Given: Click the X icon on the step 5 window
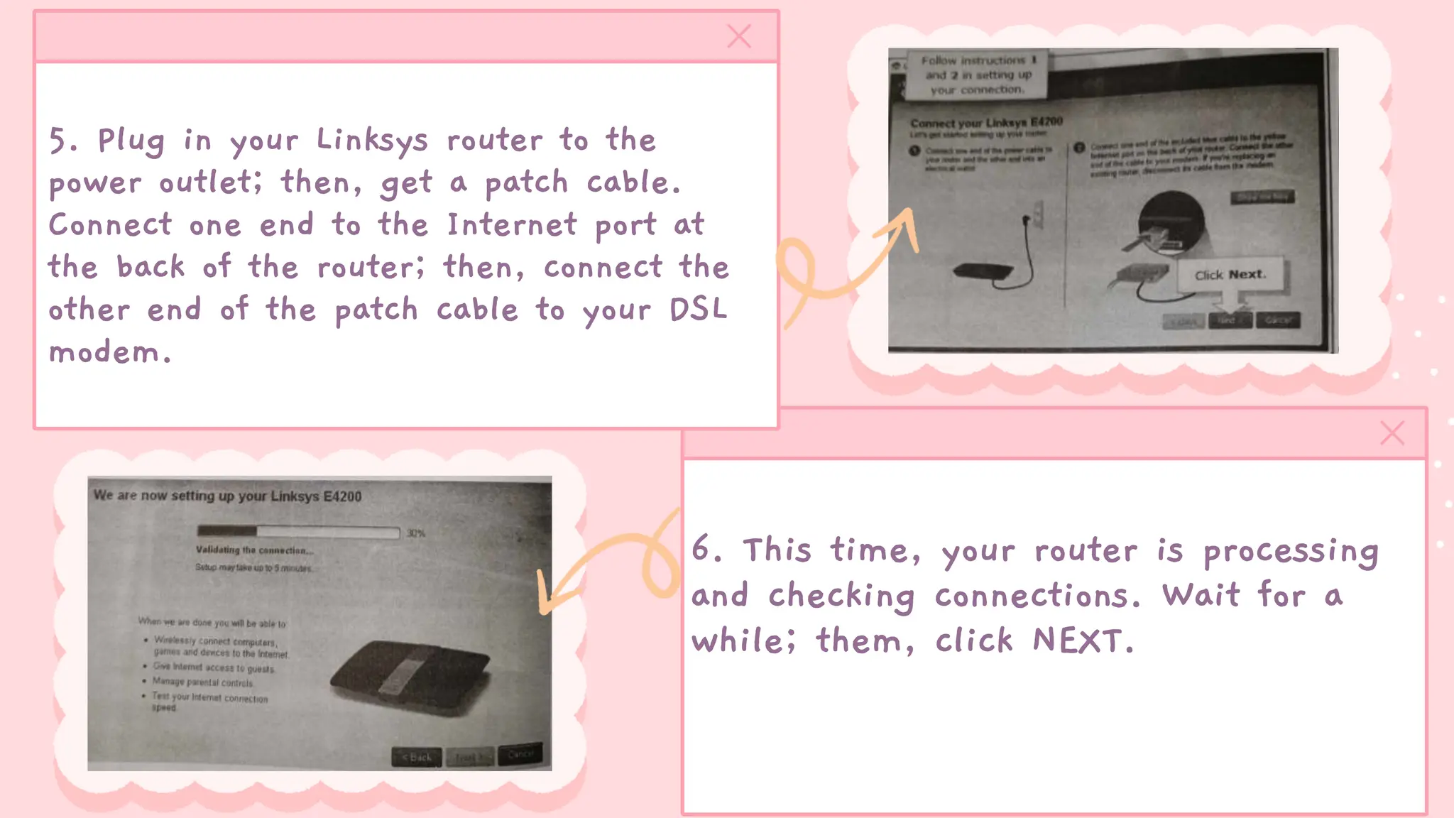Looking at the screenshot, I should [x=739, y=36].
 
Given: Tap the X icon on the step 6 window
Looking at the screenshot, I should [x=1392, y=433].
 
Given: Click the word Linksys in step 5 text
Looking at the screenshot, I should [x=372, y=141].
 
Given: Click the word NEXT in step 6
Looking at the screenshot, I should [x=1078, y=640].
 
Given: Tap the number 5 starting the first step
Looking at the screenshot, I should [x=58, y=141].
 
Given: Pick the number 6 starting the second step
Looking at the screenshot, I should [x=701, y=549].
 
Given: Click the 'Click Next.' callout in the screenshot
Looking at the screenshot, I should [x=1230, y=275].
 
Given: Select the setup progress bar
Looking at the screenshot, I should [x=298, y=532].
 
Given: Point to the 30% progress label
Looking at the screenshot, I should [x=415, y=533].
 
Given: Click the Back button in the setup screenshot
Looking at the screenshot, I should [x=417, y=757].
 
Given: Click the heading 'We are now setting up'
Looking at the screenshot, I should [x=227, y=496].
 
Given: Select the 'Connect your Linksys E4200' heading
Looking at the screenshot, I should [x=986, y=123].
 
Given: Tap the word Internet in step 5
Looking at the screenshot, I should [x=512, y=225].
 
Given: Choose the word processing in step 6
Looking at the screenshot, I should [x=1291, y=552].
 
